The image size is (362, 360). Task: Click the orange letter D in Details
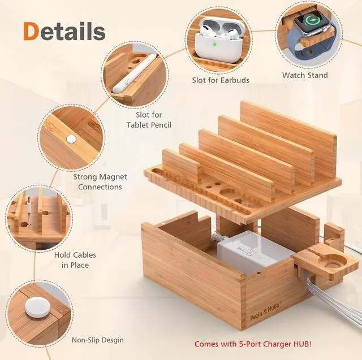32,32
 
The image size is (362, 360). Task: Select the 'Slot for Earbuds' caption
220,80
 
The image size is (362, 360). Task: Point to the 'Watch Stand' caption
305,75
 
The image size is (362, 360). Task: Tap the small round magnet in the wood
71,138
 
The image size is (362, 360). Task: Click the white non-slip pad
35,308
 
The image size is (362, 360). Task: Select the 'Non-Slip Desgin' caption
97,340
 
